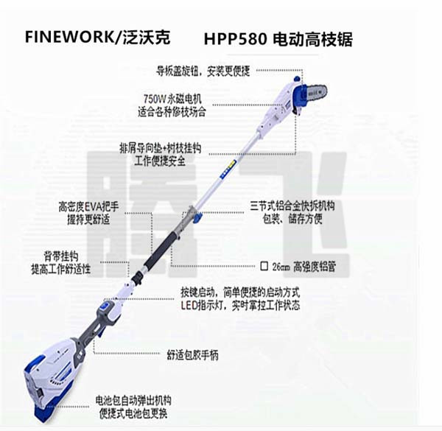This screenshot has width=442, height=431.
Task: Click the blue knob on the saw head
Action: (x=295, y=80)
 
